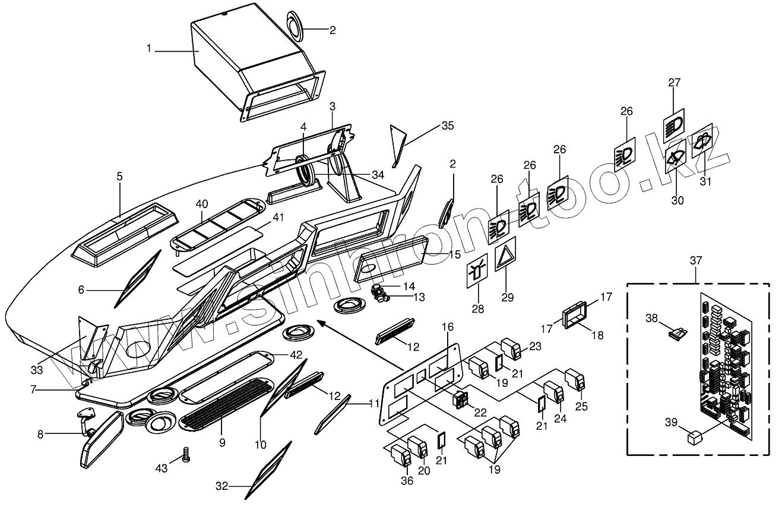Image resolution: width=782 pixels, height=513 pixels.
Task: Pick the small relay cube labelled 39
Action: coord(695,439)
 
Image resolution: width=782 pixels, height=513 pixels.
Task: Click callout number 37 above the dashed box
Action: coord(696,260)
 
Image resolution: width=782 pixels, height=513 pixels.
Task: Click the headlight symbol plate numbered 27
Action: coord(674,125)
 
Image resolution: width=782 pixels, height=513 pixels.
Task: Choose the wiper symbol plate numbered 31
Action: coord(703,141)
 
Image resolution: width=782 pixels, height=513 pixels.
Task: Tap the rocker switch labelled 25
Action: coord(575,379)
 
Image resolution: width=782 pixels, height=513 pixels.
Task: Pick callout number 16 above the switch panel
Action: coord(447,327)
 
